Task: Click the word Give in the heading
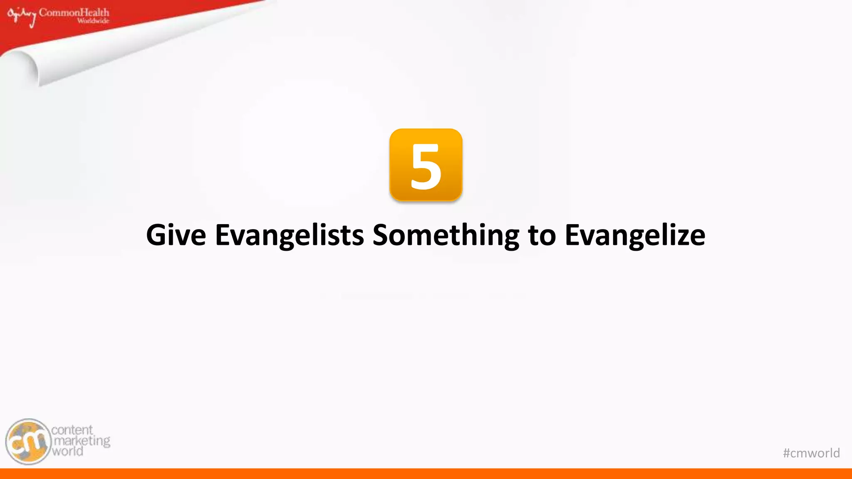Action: pos(176,235)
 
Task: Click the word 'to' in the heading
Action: pos(542,235)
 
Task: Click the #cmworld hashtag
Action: pos(811,453)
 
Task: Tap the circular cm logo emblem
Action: pos(28,442)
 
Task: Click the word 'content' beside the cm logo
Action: pos(72,430)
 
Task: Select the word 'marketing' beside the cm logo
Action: pos(82,441)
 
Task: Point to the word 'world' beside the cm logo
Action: pos(67,451)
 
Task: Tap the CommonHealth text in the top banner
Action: pos(74,12)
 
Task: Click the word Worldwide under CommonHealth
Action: pos(93,21)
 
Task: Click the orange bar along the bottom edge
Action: pos(426,474)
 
